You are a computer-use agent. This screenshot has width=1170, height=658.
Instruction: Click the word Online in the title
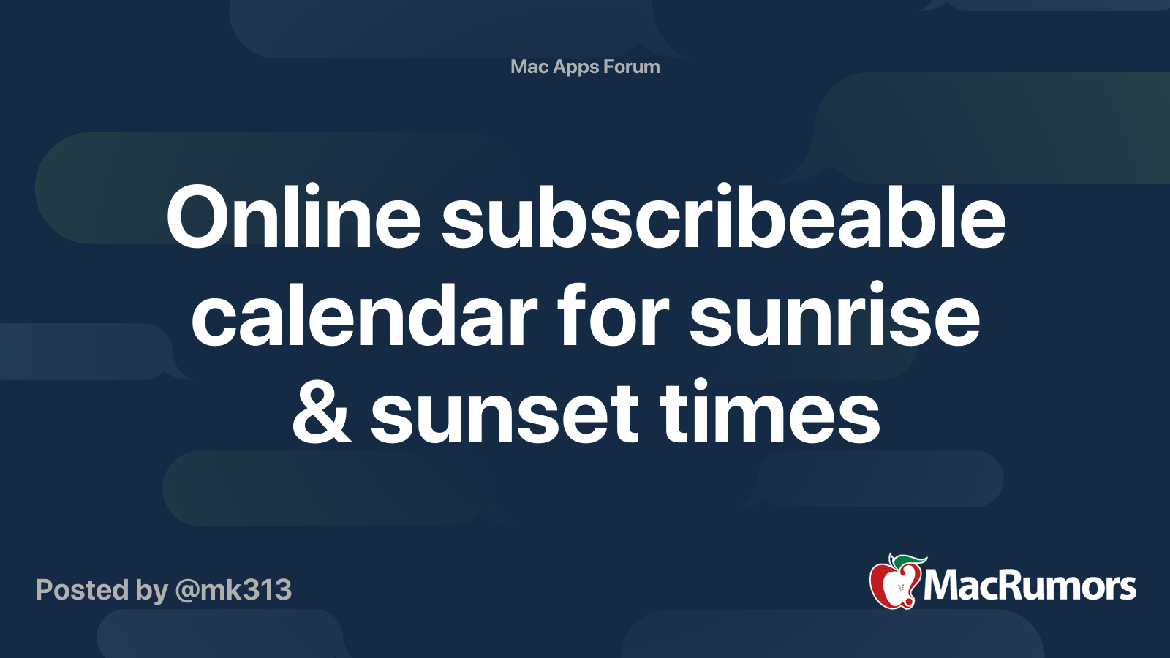(293, 216)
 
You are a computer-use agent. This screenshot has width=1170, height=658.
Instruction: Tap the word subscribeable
(723, 216)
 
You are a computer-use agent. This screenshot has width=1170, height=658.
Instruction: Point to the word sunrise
(834, 314)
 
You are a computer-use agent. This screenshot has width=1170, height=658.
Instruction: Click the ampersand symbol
(322, 412)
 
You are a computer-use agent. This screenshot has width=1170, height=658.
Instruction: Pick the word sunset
(505, 412)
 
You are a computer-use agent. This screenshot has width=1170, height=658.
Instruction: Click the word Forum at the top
(632, 67)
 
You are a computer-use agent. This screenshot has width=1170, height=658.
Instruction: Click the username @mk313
(233, 590)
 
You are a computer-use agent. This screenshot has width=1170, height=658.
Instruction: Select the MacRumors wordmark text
(1030, 586)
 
